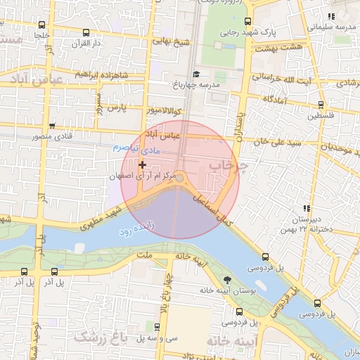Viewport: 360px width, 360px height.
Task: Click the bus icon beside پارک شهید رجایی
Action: [247, 21]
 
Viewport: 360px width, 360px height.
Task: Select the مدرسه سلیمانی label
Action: [327, 27]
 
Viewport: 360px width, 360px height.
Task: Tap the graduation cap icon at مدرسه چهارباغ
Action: [195, 75]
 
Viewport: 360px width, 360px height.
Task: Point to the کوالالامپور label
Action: [166, 111]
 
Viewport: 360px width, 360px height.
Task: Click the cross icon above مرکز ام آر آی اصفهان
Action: [143, 164]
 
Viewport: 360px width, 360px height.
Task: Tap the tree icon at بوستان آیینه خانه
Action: [226, 280]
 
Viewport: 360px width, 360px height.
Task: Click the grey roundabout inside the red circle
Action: [180, 179]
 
